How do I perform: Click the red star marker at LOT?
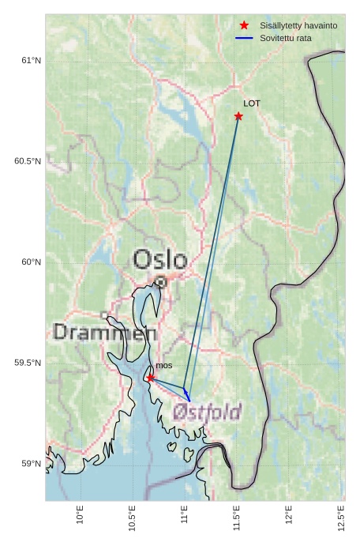238,116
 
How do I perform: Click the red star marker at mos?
151,378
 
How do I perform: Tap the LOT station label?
252,104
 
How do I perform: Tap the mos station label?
163,366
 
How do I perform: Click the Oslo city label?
160,260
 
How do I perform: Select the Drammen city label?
104,333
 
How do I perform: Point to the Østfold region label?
207,412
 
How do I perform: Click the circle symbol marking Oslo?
160,281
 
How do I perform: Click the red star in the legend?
244,25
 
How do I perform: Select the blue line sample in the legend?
244,38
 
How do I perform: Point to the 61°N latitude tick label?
29,61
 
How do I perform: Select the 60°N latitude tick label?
29,262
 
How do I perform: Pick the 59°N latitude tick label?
29,464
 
